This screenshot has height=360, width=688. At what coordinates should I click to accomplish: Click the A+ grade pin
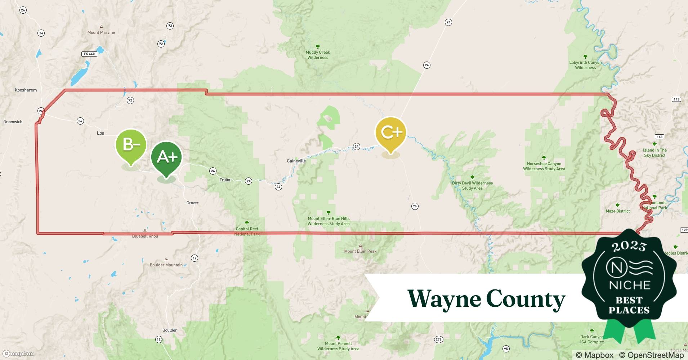pyautogui.click(x=166, y=157)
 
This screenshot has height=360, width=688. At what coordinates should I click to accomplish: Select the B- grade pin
pyautogui.click(x=131, y=145)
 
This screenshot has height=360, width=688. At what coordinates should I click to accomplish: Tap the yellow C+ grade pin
pyautogui.click(x=391, y=132)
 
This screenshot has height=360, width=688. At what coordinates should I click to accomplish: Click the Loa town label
pyautogui.click(x=100, y=133)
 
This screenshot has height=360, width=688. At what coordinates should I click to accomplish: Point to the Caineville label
pyautogui.click(x=296, y=161)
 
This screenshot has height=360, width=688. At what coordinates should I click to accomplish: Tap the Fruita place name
pyautogui.click(x=225, y=180)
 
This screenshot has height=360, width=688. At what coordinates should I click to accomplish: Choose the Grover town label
pyautogui.click(x=192, y=203)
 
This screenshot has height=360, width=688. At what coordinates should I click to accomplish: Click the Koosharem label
pyautogui.click(x=26, y=90)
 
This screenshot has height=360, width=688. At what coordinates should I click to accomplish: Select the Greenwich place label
pyautogui.click(x=13, y=122)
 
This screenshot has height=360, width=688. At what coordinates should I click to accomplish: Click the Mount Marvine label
pyautogui.click(x=101, y=32)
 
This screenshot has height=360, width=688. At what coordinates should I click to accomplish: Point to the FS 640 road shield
pyautogui.click(x=89, y=54)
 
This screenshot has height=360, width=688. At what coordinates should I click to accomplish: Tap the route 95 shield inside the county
pyautogui.click(x=415, y=206)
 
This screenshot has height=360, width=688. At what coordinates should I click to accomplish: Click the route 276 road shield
pyautogui.click(x=438, y=339)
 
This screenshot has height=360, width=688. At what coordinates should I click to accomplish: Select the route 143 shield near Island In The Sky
pyautogui.click(x=659, y=137)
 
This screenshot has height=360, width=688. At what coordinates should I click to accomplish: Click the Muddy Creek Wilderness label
pyautogui.click(x=318, y=55)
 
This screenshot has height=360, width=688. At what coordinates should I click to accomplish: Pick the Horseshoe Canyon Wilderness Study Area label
pyautogui.click(x=544, y=166)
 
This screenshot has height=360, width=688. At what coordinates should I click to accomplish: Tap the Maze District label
pyautogui.click(x=617, y=211)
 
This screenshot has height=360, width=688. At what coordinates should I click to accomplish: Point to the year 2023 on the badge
pyautogui.click(x=629, y=246)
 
